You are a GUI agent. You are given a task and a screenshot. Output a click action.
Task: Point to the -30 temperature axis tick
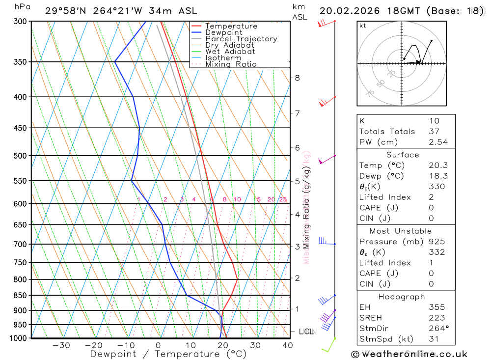[x=61, y=345]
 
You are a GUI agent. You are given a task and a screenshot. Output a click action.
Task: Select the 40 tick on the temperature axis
[x=287, y=345]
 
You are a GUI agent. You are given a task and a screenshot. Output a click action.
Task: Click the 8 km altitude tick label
[x=297, y=78]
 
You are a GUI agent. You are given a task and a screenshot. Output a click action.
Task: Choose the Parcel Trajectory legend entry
[x=241, y=39]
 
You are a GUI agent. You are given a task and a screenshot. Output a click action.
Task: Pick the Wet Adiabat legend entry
[x=230, y=52]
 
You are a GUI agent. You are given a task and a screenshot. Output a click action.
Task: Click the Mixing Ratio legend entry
[x=231, y=64]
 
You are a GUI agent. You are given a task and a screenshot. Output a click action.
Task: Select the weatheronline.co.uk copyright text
[x=409, y=354]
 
